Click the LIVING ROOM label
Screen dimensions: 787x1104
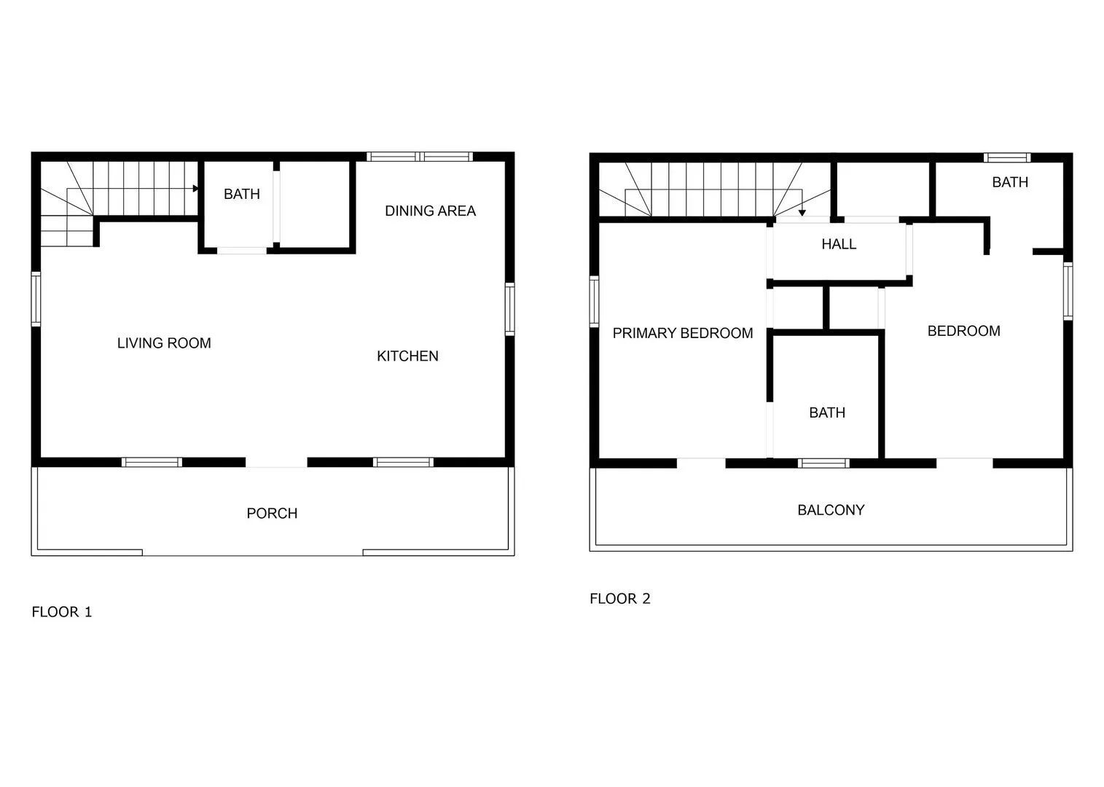pos(164,343)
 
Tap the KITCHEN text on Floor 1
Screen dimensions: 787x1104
pos(407,356)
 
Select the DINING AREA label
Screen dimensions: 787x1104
pos(430,211)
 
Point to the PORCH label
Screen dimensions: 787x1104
pos(272,514)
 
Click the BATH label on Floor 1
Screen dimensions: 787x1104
pos(241,195)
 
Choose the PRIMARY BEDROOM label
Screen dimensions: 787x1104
pos(682,334)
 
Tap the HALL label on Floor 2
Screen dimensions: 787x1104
pos(838,245)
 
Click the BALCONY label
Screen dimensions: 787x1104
pos(831,511)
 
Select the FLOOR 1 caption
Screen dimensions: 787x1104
pos(62,612)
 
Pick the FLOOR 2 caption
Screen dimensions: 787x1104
pos(619,599)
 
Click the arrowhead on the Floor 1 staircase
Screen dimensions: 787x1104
pos(195,189)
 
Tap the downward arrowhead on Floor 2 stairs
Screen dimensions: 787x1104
pos(802,213)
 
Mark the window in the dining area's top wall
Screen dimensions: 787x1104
pos(419,157)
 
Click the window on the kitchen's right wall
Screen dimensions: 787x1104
pos(509,309)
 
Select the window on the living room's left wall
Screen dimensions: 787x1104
pos(36,299)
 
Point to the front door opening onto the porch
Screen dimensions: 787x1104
pos(276,462)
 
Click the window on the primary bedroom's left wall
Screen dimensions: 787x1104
pos(594,302)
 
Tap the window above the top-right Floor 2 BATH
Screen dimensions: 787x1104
pos(1006,157)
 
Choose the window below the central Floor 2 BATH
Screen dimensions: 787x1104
pos(823,463)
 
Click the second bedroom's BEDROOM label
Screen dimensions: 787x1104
pos(963,332)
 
